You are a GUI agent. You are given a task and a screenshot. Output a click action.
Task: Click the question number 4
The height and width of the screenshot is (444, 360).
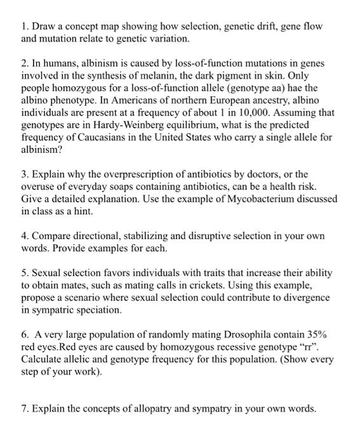[x=23, y=236]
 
